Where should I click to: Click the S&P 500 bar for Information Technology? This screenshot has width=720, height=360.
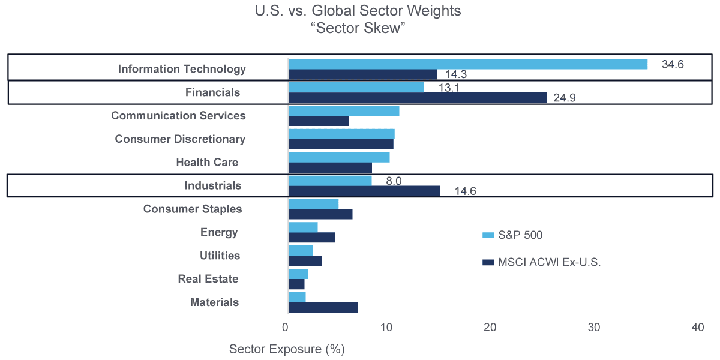tap(468, 64)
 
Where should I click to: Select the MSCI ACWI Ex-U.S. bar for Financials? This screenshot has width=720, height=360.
tap(418, 97)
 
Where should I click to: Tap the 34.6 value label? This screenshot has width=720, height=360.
tap(673, 64)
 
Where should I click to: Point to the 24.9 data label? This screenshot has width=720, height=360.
tap(565, 97)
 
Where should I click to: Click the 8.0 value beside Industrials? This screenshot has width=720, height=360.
tap(394, 181)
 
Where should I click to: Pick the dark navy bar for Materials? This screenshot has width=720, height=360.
tap(323, 307)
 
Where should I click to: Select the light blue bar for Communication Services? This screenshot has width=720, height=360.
tap(344, 110)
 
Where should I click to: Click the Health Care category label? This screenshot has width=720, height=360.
tap(207, 162)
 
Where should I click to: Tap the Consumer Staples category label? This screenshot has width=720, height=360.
tap(193, 209)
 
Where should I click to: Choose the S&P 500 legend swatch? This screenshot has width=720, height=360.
tap(487, 235)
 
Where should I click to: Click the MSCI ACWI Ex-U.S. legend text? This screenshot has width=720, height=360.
tap(549, 262)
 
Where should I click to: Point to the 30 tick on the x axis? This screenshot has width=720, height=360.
tap(594, 328)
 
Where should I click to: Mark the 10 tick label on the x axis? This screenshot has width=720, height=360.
tap(386, 328)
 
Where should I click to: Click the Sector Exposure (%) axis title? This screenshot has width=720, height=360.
tap(287, 349)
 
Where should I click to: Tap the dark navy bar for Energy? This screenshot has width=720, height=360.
tap(312, 237)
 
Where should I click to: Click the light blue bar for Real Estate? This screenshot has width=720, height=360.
tap(298, 274)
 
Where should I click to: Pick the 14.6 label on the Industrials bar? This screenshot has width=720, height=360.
tap(464, 191)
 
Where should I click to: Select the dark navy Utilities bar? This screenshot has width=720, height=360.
tap(305, 260)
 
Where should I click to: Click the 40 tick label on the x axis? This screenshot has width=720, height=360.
tap(697, 328)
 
